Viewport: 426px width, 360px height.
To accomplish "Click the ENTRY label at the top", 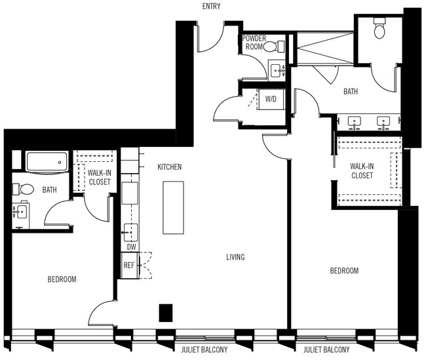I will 211,7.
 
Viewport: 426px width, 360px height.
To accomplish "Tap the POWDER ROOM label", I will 254,43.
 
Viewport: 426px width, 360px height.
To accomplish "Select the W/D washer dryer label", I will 271,99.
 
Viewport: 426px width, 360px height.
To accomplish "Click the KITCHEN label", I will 169,167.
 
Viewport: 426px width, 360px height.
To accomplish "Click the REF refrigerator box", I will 129,266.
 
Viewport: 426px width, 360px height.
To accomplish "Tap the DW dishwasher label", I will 130,247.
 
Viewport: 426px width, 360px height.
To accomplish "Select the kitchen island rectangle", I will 174,206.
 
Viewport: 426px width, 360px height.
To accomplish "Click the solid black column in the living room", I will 166,313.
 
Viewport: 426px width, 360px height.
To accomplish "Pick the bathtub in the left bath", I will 47,161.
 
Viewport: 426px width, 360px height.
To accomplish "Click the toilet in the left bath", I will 25,189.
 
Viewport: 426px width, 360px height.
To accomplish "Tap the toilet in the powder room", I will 280,46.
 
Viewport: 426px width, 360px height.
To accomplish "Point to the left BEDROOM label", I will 62,279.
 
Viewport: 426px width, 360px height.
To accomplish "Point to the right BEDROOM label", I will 344,271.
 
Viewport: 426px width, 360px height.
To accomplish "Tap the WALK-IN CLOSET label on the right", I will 361,171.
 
